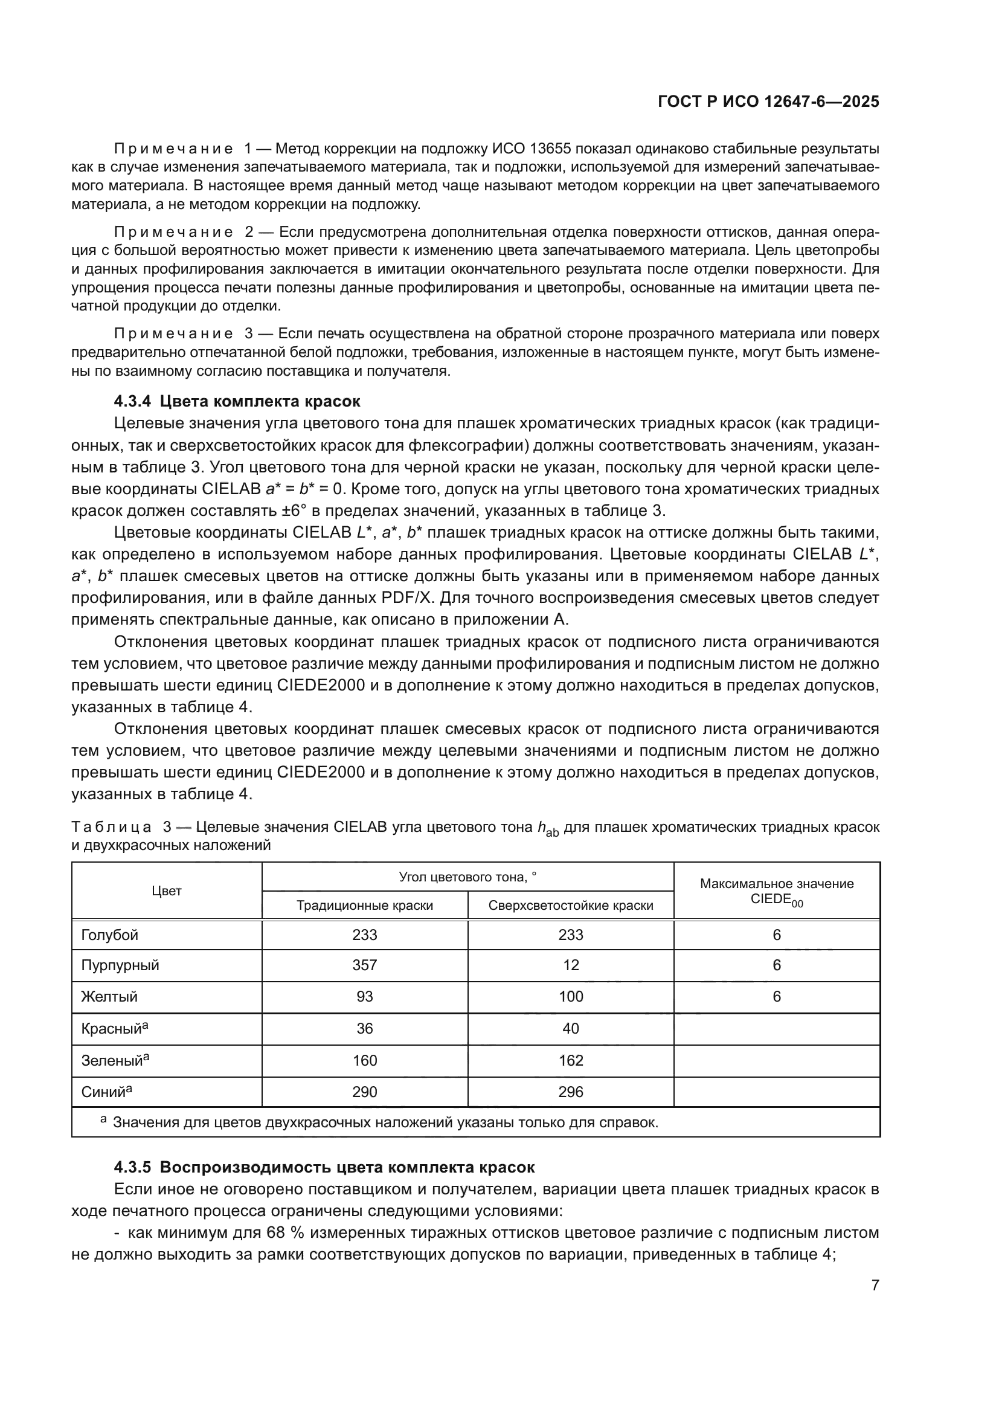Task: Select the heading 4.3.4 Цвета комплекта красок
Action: pyautogui.click(x=237, y=401)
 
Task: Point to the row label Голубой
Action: pyautogui.click(x=109, y=935)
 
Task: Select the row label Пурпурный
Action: pyautogui.click(x=120, y=965)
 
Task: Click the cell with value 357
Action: pyautogui.click(x=365, y=965)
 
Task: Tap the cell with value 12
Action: pyautogui.click(x=570, y=965)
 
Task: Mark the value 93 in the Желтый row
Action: pyautogui.click(x=365, y=996)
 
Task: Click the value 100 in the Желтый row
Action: pyautogui.click(x=570, y=996)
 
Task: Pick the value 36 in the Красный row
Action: pyautogui.click(x=365, y=1028)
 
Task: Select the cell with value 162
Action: pyautogui.click(x=570, y=1060)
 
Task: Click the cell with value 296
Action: pyautogui.click(x=570, y=1092)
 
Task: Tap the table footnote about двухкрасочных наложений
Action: pyautogui.click(x=385, y=1122)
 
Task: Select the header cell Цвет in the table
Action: pyautogui.click(x=166, y=891)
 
